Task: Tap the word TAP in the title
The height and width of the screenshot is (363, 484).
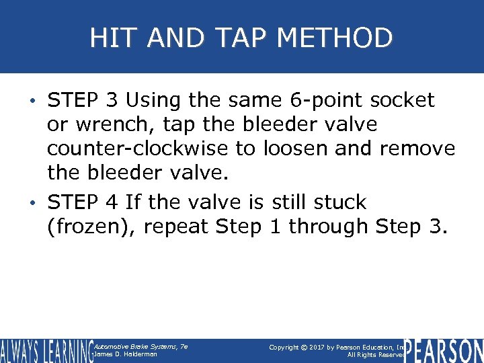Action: [x=227, y=38]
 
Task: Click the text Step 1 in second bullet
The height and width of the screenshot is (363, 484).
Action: [x=248, y=227]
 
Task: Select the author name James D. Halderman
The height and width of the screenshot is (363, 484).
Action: [x=126, y=354]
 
